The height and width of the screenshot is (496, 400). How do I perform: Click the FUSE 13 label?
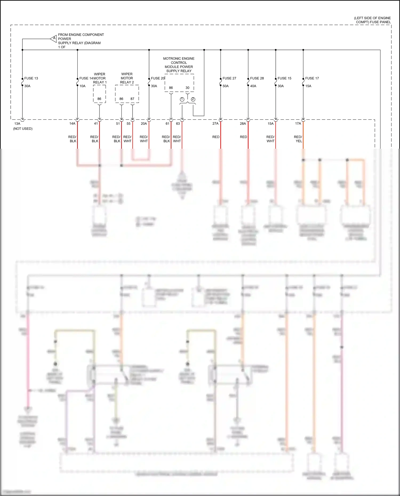click(31, 78)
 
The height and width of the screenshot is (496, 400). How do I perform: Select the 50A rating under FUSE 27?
click(226, 86)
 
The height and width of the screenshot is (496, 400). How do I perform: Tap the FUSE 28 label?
click(257, 78)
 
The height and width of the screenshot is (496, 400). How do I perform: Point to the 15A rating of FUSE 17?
click(308, 86)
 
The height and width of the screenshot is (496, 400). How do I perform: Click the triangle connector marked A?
click(54, 39)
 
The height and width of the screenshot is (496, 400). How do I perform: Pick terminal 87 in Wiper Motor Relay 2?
click(132, 99)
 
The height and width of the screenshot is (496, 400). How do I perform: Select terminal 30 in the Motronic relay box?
click(187, 88)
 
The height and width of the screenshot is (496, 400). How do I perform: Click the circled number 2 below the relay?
click(193, 99)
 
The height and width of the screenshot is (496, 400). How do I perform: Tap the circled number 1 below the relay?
click(182, 99)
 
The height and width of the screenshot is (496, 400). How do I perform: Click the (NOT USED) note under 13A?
click(23, 129)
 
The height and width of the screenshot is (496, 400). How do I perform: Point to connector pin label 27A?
click(215, 124)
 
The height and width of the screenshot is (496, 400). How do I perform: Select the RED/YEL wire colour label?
click(298, 139)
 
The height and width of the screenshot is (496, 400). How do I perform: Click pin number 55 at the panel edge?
click(129, 124)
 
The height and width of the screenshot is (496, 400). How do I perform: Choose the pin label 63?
click(178, 124)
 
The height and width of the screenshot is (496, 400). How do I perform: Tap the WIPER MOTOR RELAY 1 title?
click(100, 78)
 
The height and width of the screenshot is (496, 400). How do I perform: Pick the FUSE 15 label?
click(284, 78)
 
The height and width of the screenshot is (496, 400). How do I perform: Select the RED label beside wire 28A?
click(243, 137)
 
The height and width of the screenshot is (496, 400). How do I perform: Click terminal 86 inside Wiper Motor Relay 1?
click(99, 99)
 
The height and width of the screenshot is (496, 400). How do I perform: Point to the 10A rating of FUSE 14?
click(82, 86)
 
